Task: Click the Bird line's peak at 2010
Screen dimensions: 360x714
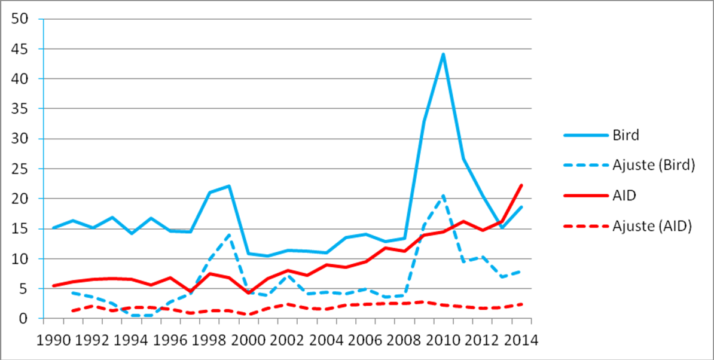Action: (x=443, y=54)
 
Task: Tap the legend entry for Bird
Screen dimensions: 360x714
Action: (x=626, y=135)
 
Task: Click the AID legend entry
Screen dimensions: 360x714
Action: (x=624, y=196)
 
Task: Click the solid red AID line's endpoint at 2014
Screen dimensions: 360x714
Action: (x=521, y=185)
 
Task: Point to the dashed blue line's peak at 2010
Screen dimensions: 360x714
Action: (x=443, y=196)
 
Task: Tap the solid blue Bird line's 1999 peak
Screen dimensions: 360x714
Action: (x=229, y=186)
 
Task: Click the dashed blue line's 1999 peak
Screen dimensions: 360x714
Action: (x=229, y=234)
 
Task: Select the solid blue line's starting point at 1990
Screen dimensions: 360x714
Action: (x=54, y=228)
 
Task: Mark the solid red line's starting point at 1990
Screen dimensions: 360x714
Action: (x=54, y=286)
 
